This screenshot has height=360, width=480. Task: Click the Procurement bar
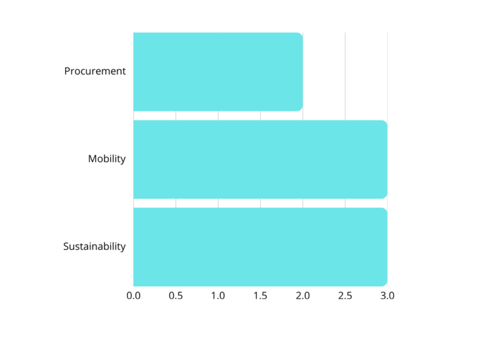[217, 71]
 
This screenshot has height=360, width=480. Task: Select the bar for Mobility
[260, 159]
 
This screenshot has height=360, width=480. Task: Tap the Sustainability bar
[260, 246]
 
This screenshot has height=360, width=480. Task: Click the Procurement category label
[95, 71]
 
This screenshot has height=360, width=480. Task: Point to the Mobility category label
[107, 159]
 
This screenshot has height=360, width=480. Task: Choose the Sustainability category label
[94, 246]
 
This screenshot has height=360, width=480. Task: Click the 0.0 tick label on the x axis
[133, 295]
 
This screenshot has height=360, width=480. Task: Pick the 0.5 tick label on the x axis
[176, 295]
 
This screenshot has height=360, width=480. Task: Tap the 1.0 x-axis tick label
[218, 295]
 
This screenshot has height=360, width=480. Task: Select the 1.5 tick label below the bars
[261, 295]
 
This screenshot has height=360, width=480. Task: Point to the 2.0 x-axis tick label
[303, 295]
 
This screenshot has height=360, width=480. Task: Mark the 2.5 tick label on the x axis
[345, 295]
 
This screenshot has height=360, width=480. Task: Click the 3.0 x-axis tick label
[387, 295]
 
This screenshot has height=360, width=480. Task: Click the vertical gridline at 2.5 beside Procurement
[345, 71]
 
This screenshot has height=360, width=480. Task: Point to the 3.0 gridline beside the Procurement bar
[387, 71]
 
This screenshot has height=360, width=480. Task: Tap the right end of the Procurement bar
[302, 71]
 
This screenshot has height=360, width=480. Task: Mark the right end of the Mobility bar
[386, 159]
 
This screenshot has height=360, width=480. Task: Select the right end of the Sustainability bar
[386, 246]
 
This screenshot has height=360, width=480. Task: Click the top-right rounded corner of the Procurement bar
[301, 34]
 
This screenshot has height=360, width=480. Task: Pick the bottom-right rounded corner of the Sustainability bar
[385, 284]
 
